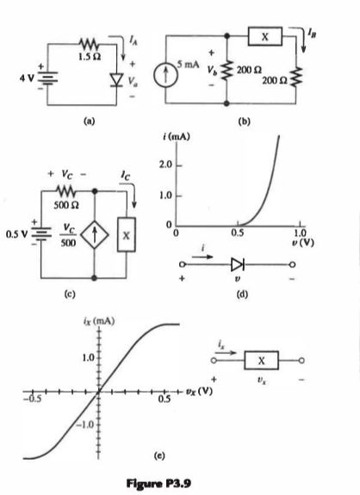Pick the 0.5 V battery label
[14, 232]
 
